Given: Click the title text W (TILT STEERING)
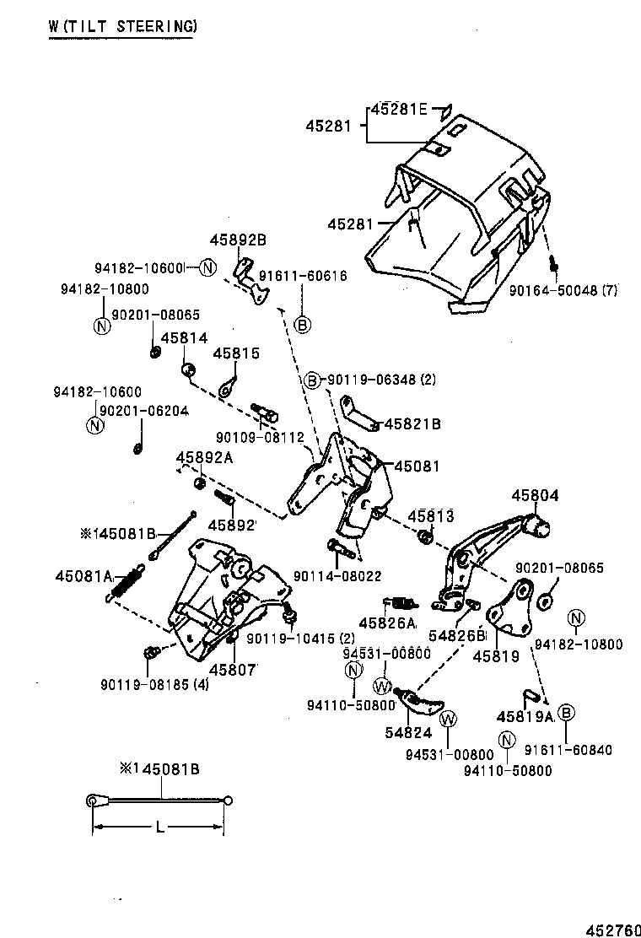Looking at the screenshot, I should [122, 26].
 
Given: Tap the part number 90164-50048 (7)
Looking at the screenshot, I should [563, 290].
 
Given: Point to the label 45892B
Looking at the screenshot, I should [238, 240].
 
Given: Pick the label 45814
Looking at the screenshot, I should [183, 337].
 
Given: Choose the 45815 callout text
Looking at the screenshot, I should [236, 353].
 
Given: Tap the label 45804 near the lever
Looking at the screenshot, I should [532, 497].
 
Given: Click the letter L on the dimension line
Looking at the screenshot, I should [159, 827].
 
